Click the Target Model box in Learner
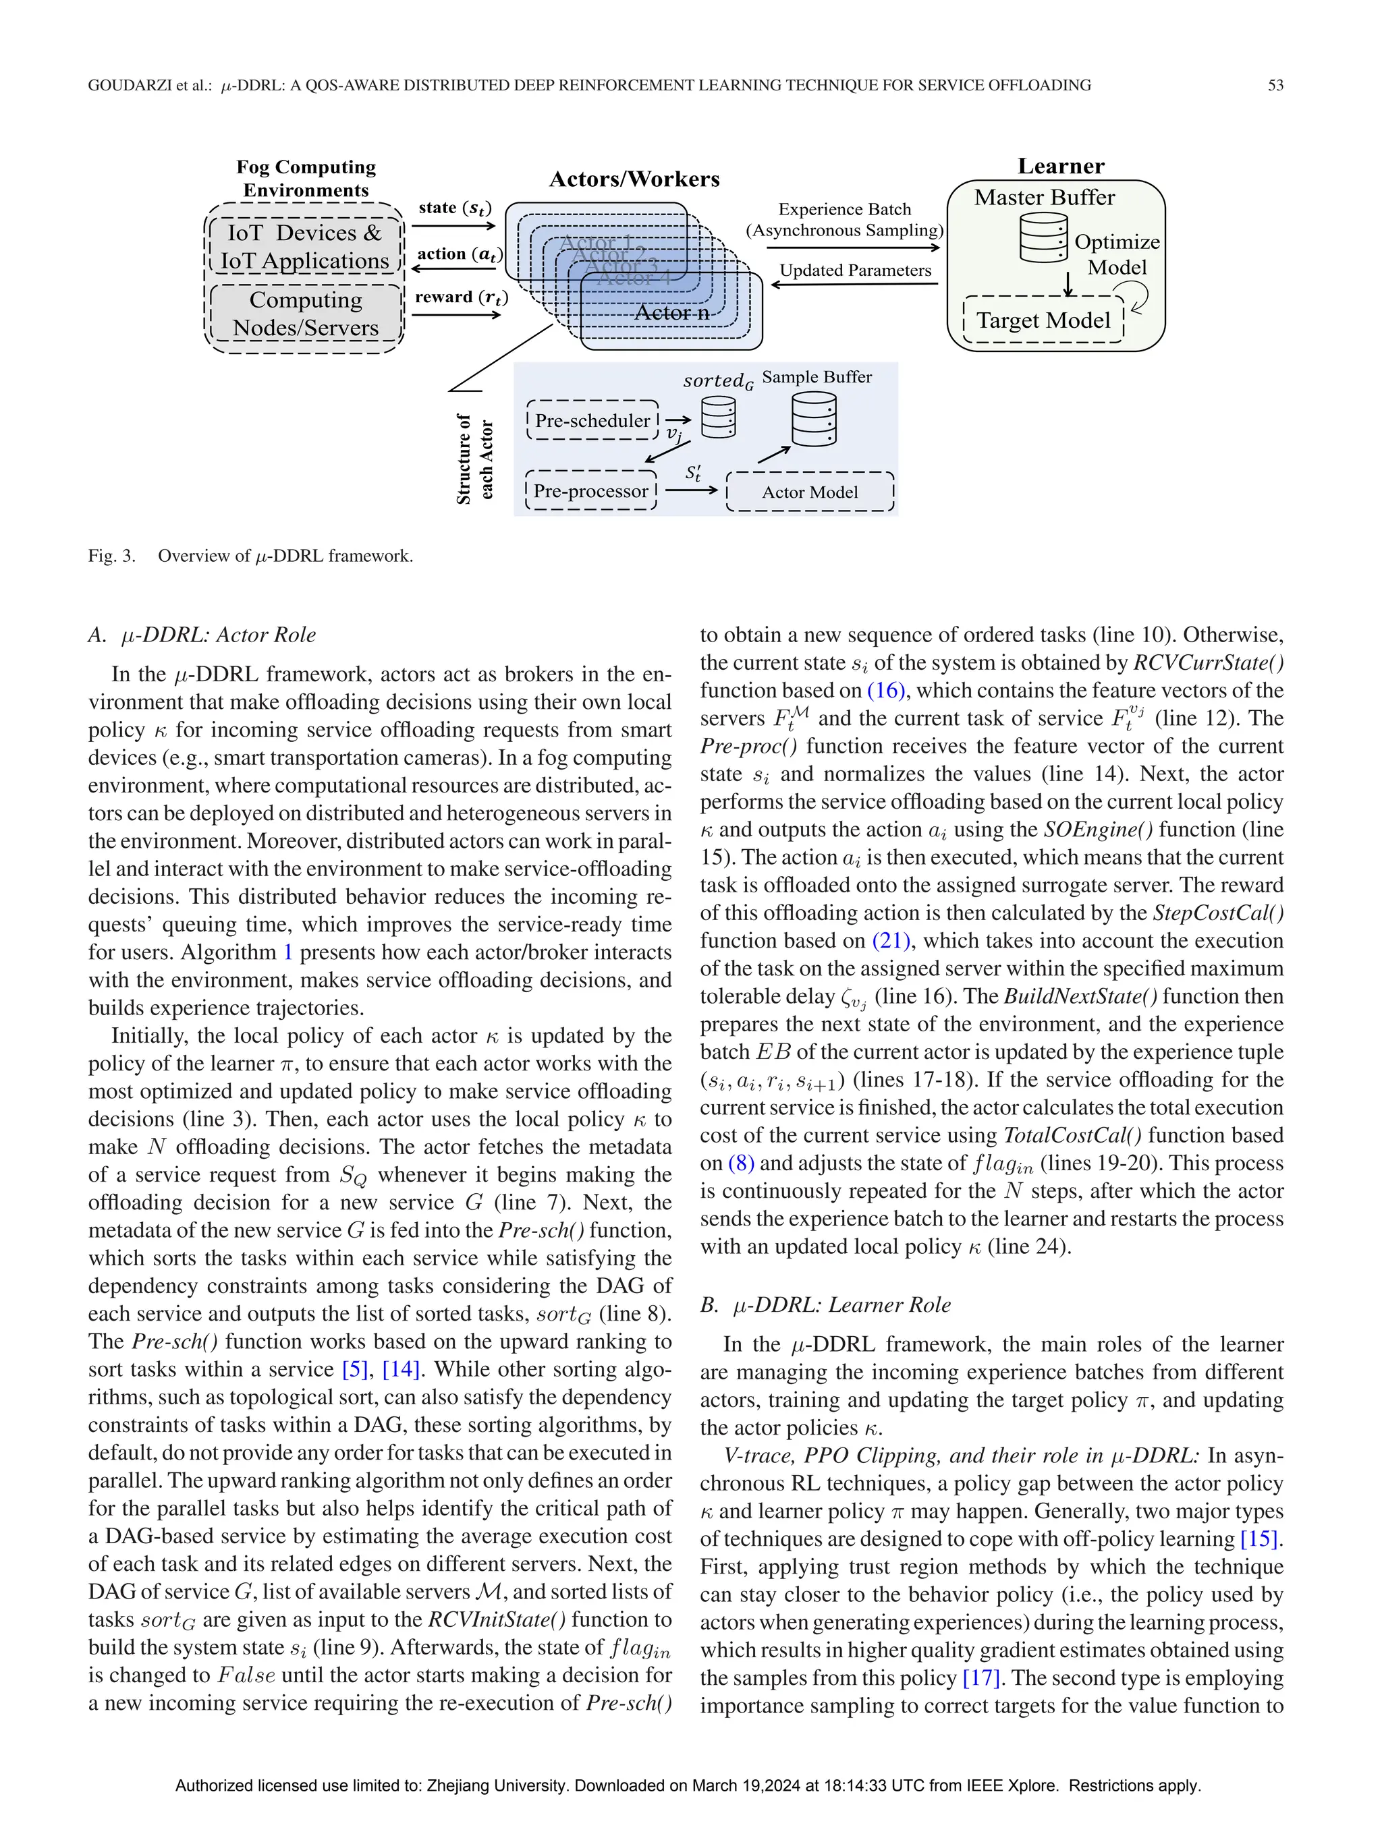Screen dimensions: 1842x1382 click(1043, 320)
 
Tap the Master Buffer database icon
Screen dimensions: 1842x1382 click(1043, 238)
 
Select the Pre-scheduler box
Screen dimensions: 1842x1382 click(592, 420)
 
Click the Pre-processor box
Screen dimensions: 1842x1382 click(590, 491)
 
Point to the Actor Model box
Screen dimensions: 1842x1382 click(810, 492)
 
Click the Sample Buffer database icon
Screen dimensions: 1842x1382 click(814, 419)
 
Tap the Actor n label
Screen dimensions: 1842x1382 click(671, 312)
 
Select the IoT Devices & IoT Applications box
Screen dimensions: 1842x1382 click(305, 246)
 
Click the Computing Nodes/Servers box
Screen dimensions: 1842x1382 click(305, 313)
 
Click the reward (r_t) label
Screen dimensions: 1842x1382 click(461, 297)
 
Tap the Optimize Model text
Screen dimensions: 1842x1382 click(1116, 255)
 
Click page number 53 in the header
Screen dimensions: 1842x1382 click(1275, 85)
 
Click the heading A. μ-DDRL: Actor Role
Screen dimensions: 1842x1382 click(202, 635)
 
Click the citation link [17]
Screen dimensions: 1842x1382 click(980, 1677)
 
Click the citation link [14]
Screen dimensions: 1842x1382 click(401, 1369)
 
